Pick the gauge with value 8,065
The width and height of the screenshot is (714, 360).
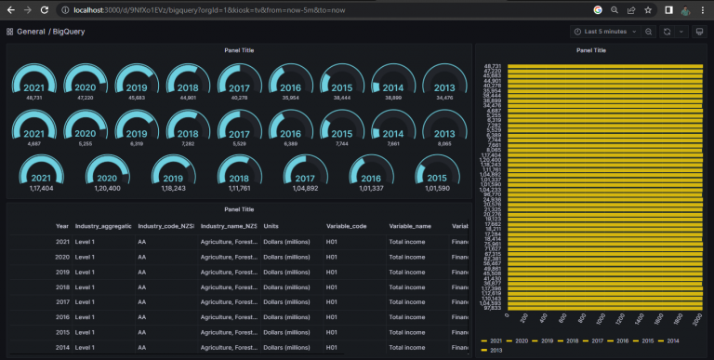pos(444,130)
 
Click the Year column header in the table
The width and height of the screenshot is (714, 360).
pos(62,226)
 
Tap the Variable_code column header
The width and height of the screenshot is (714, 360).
pos(346,226)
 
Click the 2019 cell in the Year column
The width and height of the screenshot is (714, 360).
pos(62,272)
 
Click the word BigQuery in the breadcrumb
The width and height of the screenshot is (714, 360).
pos(72,32)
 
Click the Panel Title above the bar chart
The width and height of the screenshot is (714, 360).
pos(591,50)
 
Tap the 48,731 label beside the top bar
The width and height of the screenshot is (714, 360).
pos(494,66)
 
